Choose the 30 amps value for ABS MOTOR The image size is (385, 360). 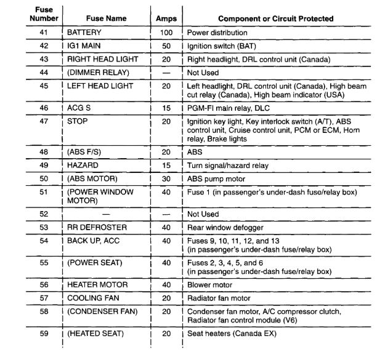click(x=166, y=179)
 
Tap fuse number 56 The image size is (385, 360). click(x=42, y=285)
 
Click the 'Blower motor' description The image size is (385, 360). click(x=209, y=285)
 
